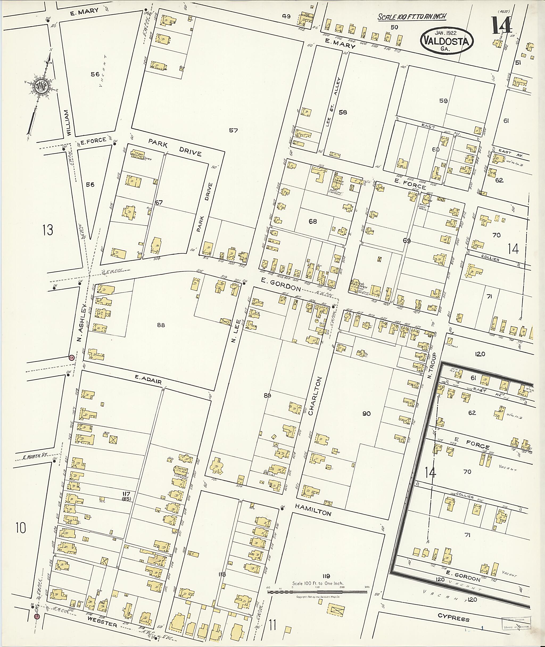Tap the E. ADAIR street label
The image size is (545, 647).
point(148,380)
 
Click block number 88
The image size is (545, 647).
point(161,325)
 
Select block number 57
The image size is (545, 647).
point(233,131)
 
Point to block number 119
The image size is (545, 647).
point(326,576)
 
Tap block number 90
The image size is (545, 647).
point(366,413)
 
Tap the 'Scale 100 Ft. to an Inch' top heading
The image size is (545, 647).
point(412,17)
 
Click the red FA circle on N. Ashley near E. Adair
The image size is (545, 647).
point(72,357)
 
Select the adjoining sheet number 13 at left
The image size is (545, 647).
point(48,230)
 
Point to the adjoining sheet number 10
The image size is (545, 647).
point(21,528)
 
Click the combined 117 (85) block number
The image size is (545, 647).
point(126,496)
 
